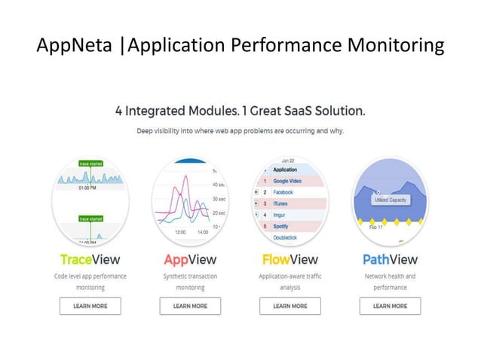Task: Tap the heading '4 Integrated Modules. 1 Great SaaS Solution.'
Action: (x=240, y=111)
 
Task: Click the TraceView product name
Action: (x=90, y=260)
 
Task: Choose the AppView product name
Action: (x=190, y=260)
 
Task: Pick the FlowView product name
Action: (x=290, y=260)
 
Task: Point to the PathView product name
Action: (x=390, y=260)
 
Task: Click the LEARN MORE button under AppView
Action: (x=190, y=306)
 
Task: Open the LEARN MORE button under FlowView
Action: (x=290, y=306)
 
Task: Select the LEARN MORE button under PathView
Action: (x=390, y=306)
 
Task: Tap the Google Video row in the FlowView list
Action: (x=290, y=182)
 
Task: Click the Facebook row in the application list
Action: (x=284, y=193)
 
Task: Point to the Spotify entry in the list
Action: (x=283, y=226)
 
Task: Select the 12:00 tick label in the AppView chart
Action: (x=180, y=233)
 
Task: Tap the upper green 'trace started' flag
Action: (x=90, y=163)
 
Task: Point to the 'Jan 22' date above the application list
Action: (x=288, y=160)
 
